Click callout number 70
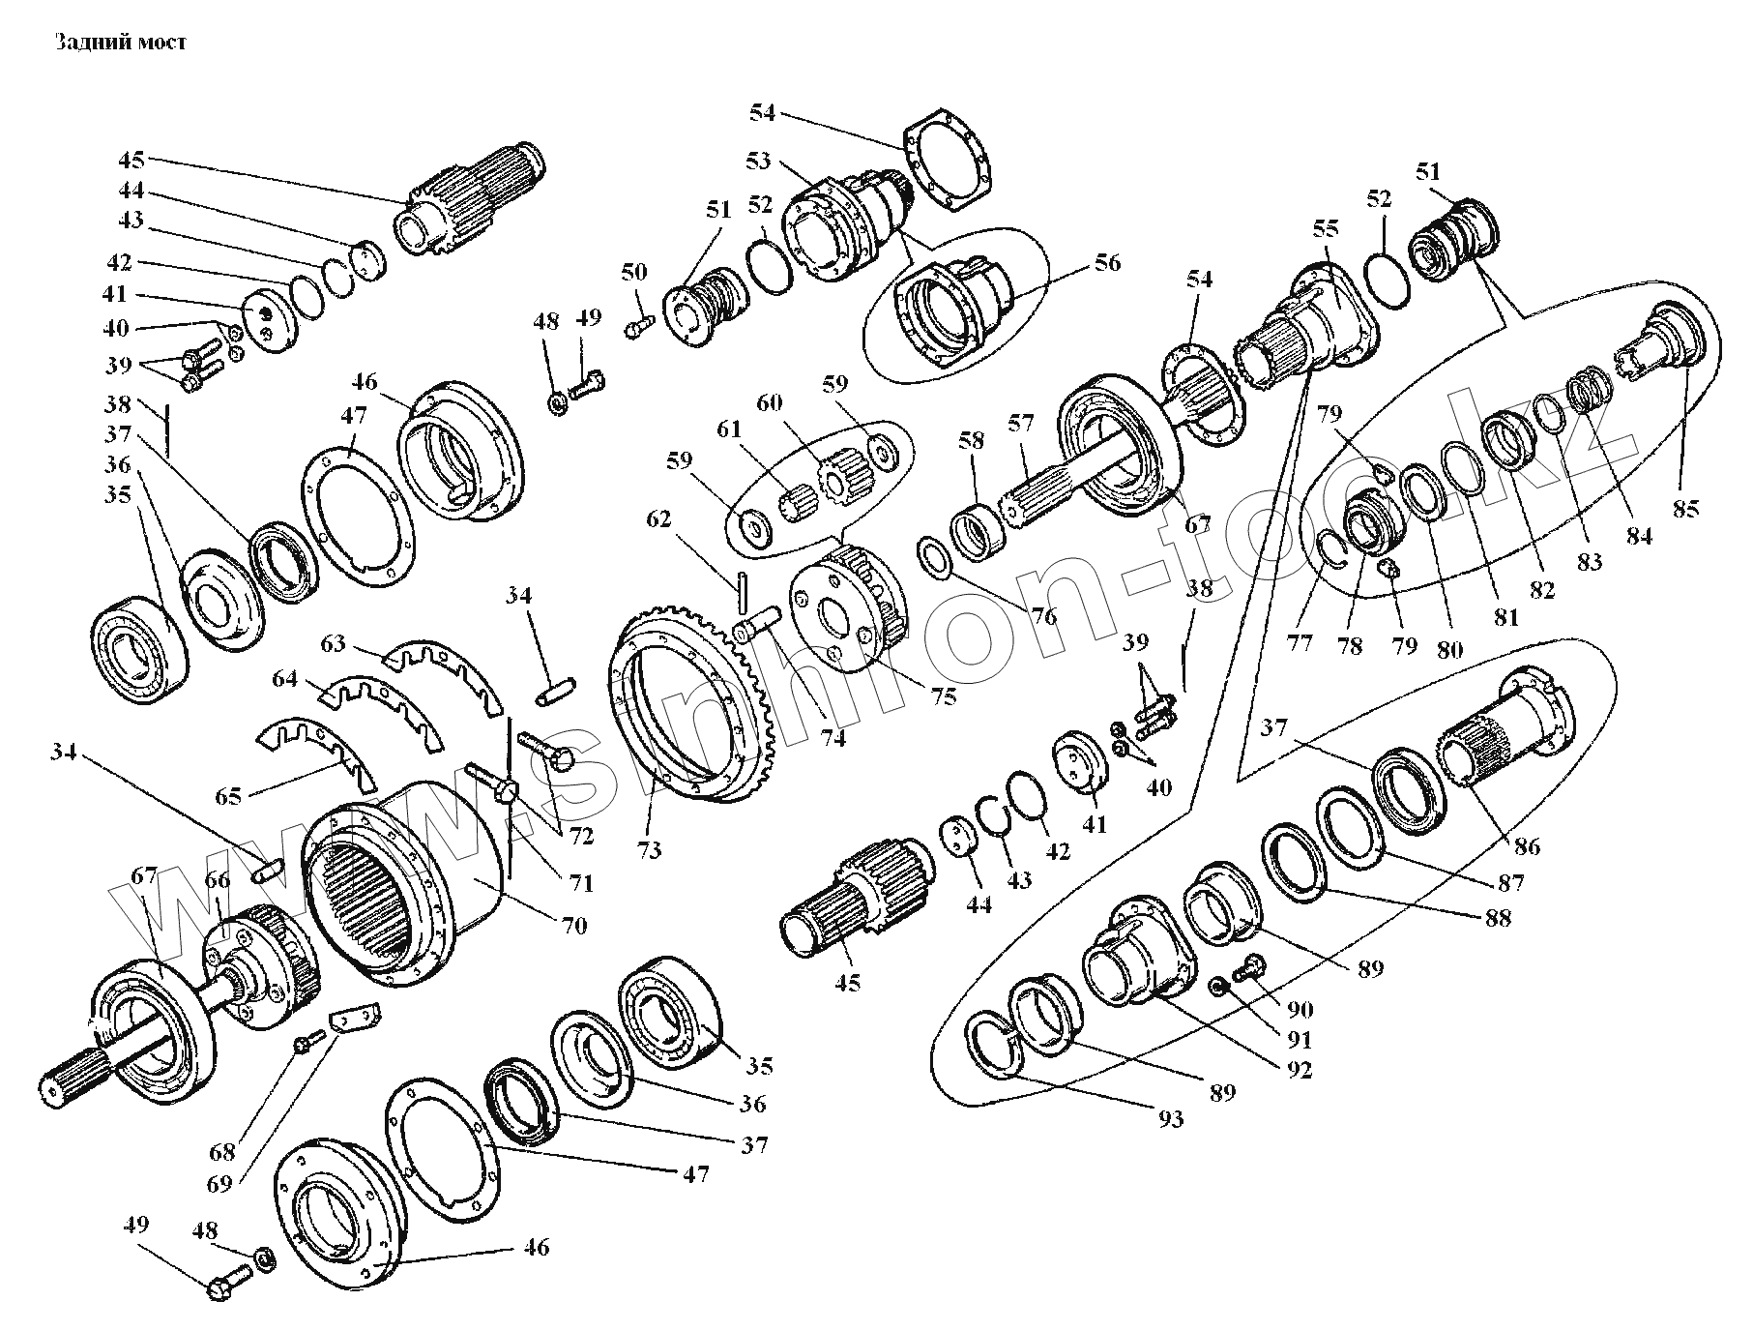click(x=573, y=926)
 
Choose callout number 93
click(x=1170, y=1119)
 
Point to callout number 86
click(x=1527, y=847)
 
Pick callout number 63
click(x=334, y=642)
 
